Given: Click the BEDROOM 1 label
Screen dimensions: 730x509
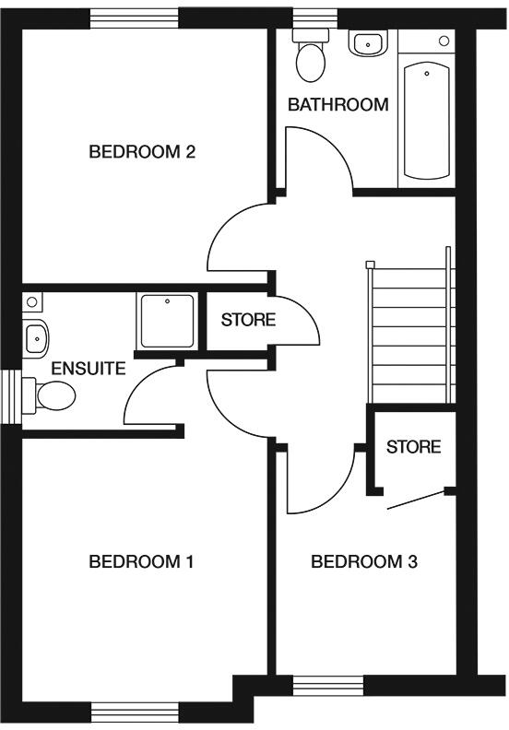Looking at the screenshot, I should (x=140, y=561).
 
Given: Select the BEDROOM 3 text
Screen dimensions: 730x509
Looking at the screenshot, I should (x=363, y=561).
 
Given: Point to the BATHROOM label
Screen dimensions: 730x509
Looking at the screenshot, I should (x=337, y=104).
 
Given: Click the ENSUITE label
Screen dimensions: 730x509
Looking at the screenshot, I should (x=88, y=369).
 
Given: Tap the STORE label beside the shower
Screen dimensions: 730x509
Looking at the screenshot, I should (x=248, y=321).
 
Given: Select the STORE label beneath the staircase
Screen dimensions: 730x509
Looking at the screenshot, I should (x=413, y=447).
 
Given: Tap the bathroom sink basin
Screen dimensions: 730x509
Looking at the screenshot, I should (x=368, y=42).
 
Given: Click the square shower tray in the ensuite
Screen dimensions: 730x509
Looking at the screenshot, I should (x=166, y=322).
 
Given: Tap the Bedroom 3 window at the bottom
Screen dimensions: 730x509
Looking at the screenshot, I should (x=328, y=686).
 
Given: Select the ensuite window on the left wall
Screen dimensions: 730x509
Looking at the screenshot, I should (x=11, y=396).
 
